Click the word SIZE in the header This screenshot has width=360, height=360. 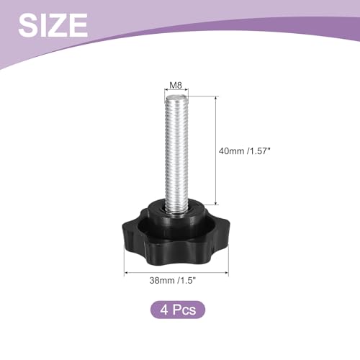53,25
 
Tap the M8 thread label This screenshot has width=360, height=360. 176,85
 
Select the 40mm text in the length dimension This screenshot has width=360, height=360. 231,151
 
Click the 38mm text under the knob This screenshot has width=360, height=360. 162,280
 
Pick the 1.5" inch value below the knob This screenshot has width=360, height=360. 187,280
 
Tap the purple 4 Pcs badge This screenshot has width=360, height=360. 178,310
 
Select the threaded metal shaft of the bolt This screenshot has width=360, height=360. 176,153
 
